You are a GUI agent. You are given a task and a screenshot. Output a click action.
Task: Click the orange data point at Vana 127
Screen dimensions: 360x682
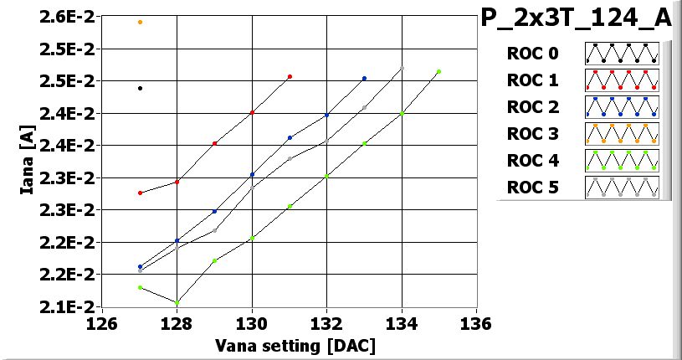click(140, 22)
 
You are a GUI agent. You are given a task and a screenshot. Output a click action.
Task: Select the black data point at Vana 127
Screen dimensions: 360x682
click(140, 88)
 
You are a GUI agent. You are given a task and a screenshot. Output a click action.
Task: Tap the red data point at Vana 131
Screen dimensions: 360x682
click(290, 77)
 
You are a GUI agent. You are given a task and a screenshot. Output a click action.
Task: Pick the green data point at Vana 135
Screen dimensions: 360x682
click(438, 72)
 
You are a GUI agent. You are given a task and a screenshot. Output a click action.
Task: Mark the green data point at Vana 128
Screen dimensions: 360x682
click(177, 302)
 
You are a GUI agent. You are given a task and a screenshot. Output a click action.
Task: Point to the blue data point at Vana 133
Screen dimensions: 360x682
click(364, 79)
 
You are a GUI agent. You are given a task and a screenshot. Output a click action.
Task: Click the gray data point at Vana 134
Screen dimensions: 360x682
click(402, 69)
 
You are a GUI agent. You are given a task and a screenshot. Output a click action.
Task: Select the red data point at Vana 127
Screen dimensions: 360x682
click(140, 193)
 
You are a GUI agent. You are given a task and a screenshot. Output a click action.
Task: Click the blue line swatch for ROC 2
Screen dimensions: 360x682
click(622, 107)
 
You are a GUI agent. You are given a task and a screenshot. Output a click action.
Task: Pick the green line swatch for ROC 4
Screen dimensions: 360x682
click(622, 160)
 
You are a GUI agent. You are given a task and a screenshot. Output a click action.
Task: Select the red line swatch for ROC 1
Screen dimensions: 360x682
click(622, 80)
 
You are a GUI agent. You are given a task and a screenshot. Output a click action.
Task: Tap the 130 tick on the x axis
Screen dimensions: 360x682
click(252, 324)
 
